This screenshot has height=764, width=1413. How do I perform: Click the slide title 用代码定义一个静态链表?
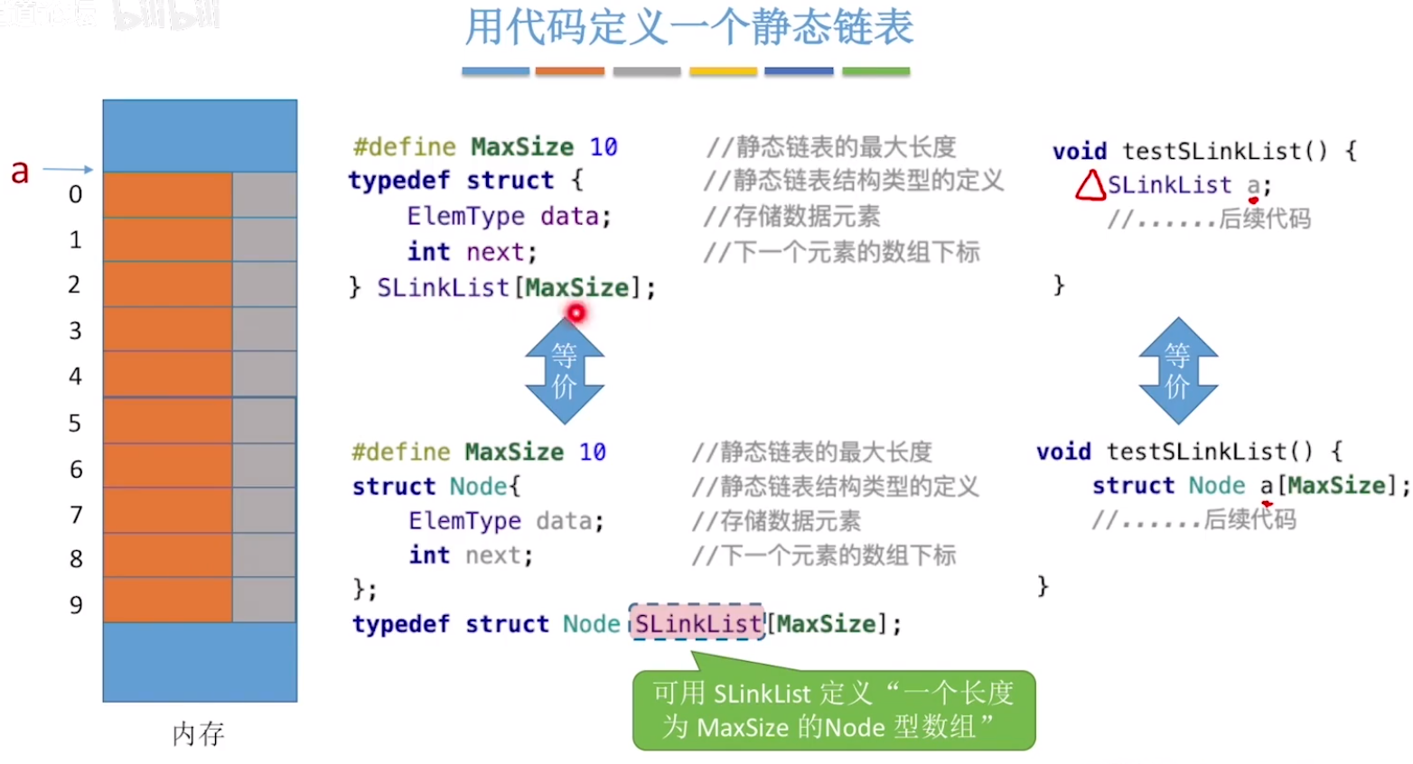tap(688, 27)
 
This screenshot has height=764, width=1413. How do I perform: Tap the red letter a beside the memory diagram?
tap(20, 170)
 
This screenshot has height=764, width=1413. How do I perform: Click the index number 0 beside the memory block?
tap(75, 194)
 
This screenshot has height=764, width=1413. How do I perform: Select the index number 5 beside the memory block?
tap(75, 423)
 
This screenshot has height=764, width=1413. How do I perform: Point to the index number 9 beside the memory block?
tap(76, 604)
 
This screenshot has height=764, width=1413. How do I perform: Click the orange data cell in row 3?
tap(167, 329)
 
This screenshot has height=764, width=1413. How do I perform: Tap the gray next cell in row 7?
tap(264, 510)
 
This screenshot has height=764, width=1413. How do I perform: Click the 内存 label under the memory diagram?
tap(198, 733)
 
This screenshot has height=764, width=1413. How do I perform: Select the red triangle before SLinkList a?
tap(1090, 185)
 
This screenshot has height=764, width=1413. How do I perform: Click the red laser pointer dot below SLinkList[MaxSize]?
tap(575, 313)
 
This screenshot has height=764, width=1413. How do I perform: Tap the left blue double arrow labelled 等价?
tap(565, 370)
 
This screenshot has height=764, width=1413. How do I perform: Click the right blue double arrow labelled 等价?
tap(1177, 370)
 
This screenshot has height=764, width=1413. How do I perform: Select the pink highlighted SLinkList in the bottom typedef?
tap(697, 623)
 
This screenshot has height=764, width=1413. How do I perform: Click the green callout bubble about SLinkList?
tap(833, 710)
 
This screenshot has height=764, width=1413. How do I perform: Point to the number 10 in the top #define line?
tap(604, 146)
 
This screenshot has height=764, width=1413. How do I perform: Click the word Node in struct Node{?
tap(478, 486)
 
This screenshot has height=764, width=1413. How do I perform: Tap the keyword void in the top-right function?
tap(1079, 151)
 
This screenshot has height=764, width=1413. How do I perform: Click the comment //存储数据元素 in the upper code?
tap(791, 217)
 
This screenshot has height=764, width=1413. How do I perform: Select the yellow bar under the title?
tap(723, 71)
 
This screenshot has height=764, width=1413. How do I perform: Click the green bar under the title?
tap(875, 71)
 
